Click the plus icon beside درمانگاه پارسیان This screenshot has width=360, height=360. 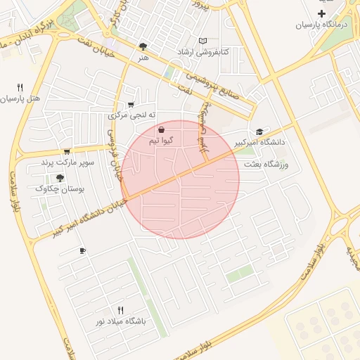click(x=322, y=14)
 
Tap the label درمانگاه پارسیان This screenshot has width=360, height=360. click(x=321, y=25)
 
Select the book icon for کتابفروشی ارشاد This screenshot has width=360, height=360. click(x=203, y=41)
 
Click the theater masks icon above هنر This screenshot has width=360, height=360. click(x=143, y=46)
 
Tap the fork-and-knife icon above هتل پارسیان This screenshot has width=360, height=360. click(x=20, y=87)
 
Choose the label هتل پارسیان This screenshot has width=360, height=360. click(x=22, y=98)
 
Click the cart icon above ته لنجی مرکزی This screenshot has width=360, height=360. click(x=131, y=104)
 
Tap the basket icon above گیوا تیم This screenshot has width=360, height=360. click(x=162, y=130)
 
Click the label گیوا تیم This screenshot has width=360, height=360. click(x=161, y=141)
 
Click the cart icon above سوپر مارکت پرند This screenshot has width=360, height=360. click(x=67, y=151)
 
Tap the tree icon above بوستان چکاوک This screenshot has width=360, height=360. click(x=60, y=178)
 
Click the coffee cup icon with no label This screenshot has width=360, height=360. click(x=83, y=250)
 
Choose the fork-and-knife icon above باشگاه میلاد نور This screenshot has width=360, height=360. click(x=120, y=310)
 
